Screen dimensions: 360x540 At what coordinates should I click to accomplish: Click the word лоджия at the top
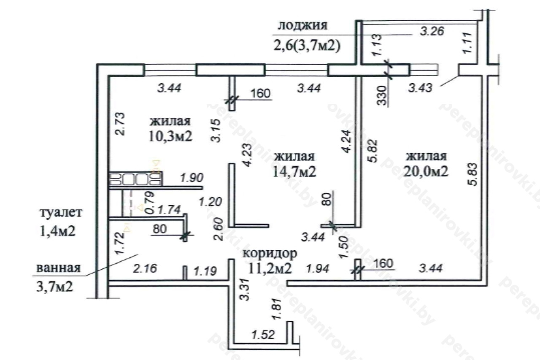click(x=302, y=26)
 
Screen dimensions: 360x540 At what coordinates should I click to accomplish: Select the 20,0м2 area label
click(x=426, y=172)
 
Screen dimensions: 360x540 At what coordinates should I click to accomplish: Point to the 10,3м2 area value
click(x=170, y=136)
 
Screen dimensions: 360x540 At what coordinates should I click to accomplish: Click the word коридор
click(x=270, y=253)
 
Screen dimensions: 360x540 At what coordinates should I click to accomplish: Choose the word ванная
click(x=58, y=268)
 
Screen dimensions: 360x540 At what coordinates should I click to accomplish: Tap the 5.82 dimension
click(x=372, y=157)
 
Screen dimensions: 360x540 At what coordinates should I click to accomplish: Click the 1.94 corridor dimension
click(x=319, y=268)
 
